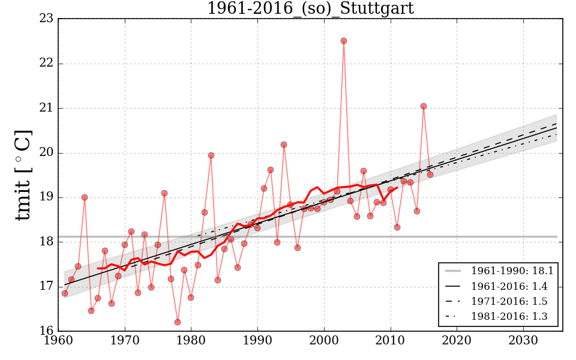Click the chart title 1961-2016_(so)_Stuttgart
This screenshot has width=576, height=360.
pos(310,8)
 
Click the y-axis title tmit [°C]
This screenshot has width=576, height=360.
pos(22,175)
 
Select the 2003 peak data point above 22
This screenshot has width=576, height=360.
pos(344,41)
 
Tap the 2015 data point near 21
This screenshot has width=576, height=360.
pos(424,106)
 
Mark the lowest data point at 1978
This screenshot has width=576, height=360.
pos(178,322)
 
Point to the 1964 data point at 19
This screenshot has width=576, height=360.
pos(85,197)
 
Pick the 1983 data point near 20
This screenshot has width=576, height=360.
pos(211,155)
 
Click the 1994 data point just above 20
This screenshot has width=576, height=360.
pos(284,145)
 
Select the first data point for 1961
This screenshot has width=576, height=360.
pos(65,293)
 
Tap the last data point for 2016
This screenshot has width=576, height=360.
pos(430,175)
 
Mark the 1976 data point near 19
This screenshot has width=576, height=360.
pos(164,193)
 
